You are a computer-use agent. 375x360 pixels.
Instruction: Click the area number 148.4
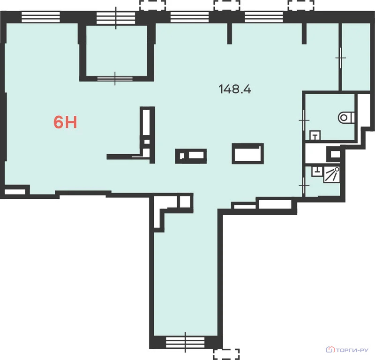(x=235, y=89)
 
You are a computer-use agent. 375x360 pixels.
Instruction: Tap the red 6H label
(x=65, y=122)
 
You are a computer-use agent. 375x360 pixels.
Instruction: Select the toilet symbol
(x=346, y=118)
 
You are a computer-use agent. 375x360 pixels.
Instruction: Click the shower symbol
(x=332, y=174)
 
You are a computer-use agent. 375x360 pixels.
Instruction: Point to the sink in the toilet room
(x=315, y=135)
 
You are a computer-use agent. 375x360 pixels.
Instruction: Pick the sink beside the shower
(x=317, y=171)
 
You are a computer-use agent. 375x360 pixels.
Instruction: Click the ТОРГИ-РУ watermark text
(x=352, y=350)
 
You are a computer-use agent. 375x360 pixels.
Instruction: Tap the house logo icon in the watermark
(x=330, y=350)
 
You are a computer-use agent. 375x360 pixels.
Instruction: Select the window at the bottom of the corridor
(x=185, y=342)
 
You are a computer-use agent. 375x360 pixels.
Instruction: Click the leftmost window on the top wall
(x=41, y=17)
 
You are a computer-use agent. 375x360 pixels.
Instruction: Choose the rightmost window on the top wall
(x=264, y=17)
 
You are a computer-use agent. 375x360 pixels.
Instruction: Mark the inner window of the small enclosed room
(x=115, y=78)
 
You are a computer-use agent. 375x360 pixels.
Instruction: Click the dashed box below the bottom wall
(x=226, y=354)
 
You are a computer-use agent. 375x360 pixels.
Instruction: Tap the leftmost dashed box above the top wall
(x=153, y=6)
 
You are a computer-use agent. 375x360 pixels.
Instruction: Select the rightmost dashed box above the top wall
(x=301, y=6)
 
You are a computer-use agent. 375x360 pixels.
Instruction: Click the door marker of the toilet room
(x=304, y=120)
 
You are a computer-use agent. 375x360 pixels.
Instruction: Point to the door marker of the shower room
(x=304, y=185)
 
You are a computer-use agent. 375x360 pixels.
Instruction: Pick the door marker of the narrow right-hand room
(x=340, y=58)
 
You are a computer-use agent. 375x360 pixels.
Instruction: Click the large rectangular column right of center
(x=248, y=154)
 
